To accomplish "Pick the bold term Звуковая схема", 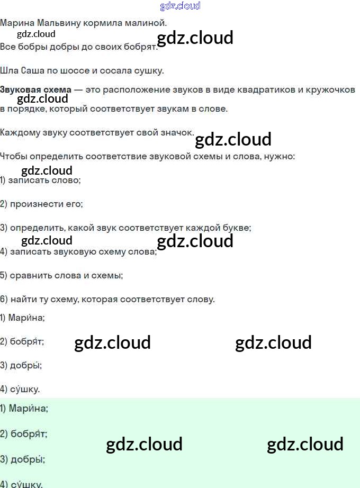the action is [x=35, y=89].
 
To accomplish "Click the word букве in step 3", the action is [x=236, y=228].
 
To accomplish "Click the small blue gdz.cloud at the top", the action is [x=180, y=6].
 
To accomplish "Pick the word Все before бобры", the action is [x=7, y=47].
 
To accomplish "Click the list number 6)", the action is [x=4, y=299].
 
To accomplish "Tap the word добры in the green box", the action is [x=26, y=459].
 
